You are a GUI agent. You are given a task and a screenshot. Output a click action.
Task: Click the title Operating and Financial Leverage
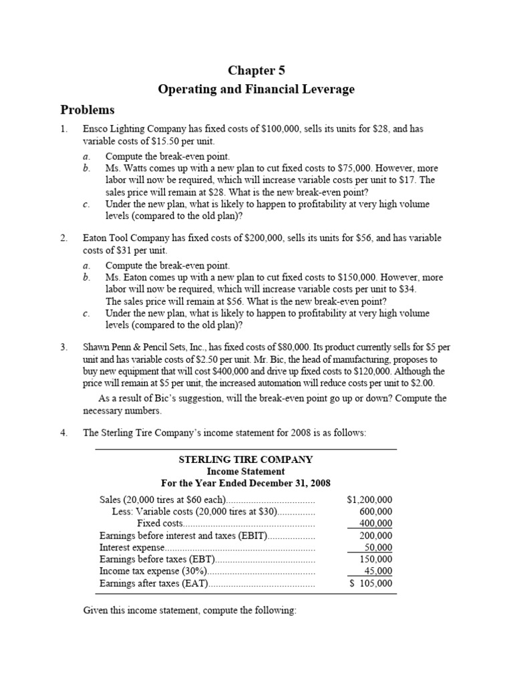[x=256, y=89]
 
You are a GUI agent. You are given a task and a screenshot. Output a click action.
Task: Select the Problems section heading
[x=88, y=110]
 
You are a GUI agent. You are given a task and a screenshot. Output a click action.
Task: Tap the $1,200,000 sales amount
[x=370, y=500]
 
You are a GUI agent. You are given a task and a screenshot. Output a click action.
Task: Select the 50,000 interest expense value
[x=377, y=548]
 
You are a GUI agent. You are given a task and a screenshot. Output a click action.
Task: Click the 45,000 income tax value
[x=377, y=572]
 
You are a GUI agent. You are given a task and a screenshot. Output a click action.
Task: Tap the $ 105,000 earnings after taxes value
[x=371, y=584]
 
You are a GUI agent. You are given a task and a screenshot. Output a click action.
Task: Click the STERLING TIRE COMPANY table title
[x=245, y=460]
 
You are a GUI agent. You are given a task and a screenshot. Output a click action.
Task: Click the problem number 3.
[x=63, y=347]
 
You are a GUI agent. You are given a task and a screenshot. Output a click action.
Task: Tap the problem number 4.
[x=63, y=432]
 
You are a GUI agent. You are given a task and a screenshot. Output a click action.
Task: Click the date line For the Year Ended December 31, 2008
[x=245, y=483]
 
